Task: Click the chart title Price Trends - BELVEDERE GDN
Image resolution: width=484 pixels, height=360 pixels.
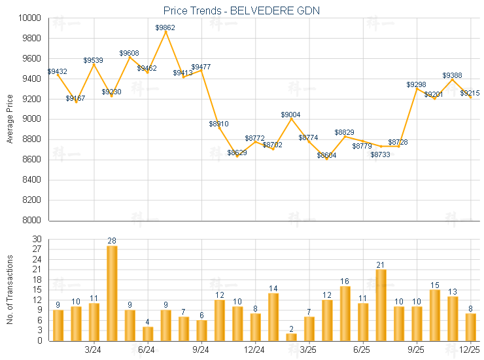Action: click(241, 10)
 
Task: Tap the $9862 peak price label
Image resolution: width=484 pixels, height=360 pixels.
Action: click(165, 27)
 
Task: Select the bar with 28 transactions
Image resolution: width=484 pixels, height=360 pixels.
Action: click(112, 293)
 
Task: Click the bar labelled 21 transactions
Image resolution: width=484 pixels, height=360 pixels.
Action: click(381, 305)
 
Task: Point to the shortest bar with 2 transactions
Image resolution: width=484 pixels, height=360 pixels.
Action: click(291, 337)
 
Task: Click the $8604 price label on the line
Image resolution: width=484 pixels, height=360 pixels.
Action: click(327, 155)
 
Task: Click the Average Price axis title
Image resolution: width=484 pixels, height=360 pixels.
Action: click(10, 119)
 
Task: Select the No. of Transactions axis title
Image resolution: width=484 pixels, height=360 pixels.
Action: click(10, 290)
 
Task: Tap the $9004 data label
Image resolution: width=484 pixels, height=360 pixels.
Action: click(291, 115)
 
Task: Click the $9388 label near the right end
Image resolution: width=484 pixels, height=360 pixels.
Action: click(453, 75)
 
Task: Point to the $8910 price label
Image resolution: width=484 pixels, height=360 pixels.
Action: click(219, 123)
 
